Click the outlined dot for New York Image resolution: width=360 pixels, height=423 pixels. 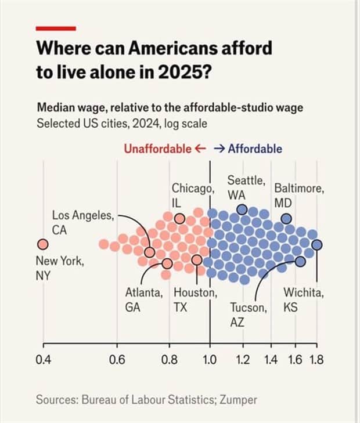tap(42, 244)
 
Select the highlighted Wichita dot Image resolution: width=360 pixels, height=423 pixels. tap(316, 245)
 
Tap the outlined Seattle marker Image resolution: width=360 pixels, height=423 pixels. tap(242, 209)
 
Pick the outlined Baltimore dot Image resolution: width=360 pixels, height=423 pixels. tap(286, 219)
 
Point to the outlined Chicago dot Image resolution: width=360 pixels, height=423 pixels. tap(180, 219)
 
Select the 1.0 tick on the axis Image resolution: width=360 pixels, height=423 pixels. tap(209, 360)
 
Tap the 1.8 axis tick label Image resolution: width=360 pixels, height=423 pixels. tap(316, 360)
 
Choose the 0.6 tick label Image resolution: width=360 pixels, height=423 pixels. tap(117, 360)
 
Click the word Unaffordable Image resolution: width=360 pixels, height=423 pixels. tap(157, 149)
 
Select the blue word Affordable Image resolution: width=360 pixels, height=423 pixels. tap(255, 149)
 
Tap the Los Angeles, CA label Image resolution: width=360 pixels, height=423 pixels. tap(83, 223)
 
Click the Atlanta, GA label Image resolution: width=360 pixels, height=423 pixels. tap(144, 300)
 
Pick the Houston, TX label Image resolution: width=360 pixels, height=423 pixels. tap(194, 300)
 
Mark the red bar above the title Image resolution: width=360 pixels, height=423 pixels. tap(56, 28)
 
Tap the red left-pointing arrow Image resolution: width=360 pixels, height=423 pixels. tap(200, 149)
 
